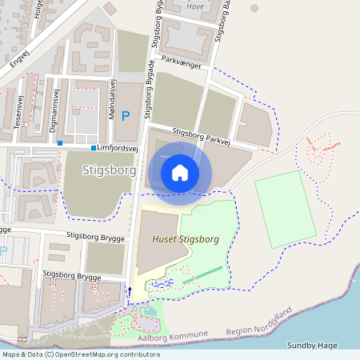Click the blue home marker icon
(x=180, y=172)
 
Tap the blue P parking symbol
(x=125, y=116)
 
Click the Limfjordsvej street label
(x=118, y=149)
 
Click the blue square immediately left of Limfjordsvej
(x=94, y=148)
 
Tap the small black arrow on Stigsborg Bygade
(x=130, y=290)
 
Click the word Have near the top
(x=194, y=6)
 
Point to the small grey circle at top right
(x=254, y=8)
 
